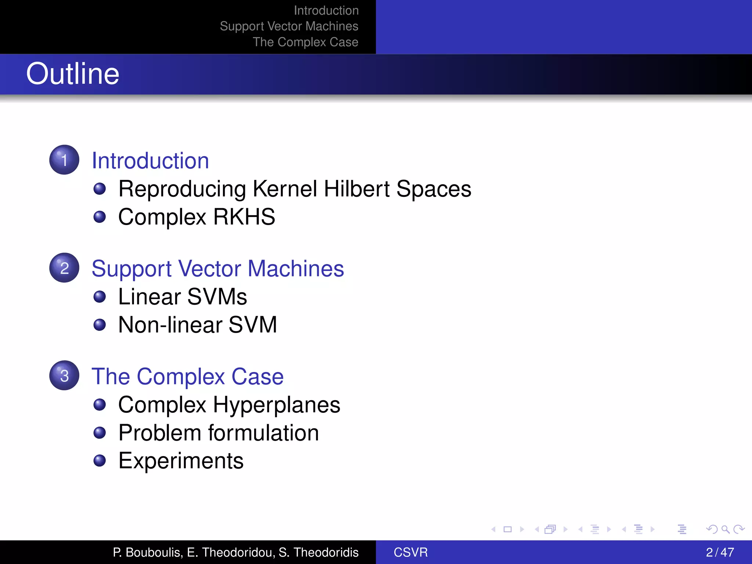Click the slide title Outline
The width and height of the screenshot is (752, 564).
(73, 74)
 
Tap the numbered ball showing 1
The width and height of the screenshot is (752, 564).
(64, 160)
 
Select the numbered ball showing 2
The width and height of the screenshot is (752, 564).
(64, 268)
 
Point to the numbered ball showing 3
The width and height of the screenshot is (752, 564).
(64, 375)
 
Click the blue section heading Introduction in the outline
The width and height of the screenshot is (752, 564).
(150, 161)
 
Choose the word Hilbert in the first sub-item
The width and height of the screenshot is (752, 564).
(357, 189)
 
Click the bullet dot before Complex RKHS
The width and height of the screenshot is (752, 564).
(100, 217)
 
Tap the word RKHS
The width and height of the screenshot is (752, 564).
(244, 217)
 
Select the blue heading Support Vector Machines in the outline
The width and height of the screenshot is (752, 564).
(217, 268)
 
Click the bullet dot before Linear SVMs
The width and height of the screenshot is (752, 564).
(100, 297)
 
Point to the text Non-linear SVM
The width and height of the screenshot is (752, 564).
(197, 325)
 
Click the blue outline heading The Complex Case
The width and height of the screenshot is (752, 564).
(187, 376)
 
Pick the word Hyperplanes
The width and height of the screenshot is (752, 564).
(276, 405)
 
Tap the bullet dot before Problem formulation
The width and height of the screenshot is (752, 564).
(100, 433)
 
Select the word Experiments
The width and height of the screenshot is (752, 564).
(181, 461)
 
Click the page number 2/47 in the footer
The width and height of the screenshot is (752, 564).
(720, 552)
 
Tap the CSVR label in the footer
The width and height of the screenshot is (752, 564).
(411, 552)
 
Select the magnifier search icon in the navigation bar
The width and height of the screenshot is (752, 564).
(725, 529)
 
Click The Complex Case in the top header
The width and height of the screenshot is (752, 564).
(305, 42)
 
